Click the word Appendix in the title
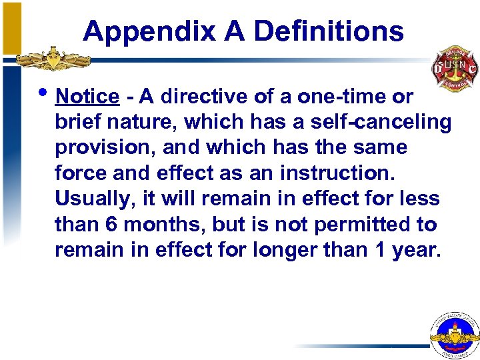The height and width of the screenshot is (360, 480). [x=149, y=31]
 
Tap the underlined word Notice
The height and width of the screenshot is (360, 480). [x=87, y=97]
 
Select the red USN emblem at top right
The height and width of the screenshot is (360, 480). [x=455, y=69]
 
